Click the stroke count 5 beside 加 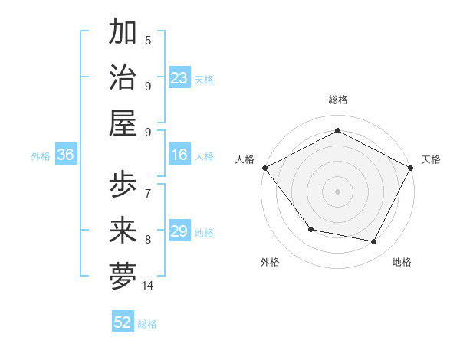click(148, 41)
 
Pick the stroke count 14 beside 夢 click(148, 286)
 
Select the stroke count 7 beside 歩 click(148, 193)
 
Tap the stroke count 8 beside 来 click(148, 240)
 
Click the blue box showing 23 click(179, 77)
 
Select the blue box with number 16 click(179, 155)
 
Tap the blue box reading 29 click(179, 231)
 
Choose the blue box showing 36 click(65, 155)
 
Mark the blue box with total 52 click(123, 322)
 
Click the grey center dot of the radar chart click(337, 191)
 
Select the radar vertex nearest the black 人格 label click(264, 168)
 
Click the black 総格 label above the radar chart click(337, 100)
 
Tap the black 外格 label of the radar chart click(269, 262)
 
